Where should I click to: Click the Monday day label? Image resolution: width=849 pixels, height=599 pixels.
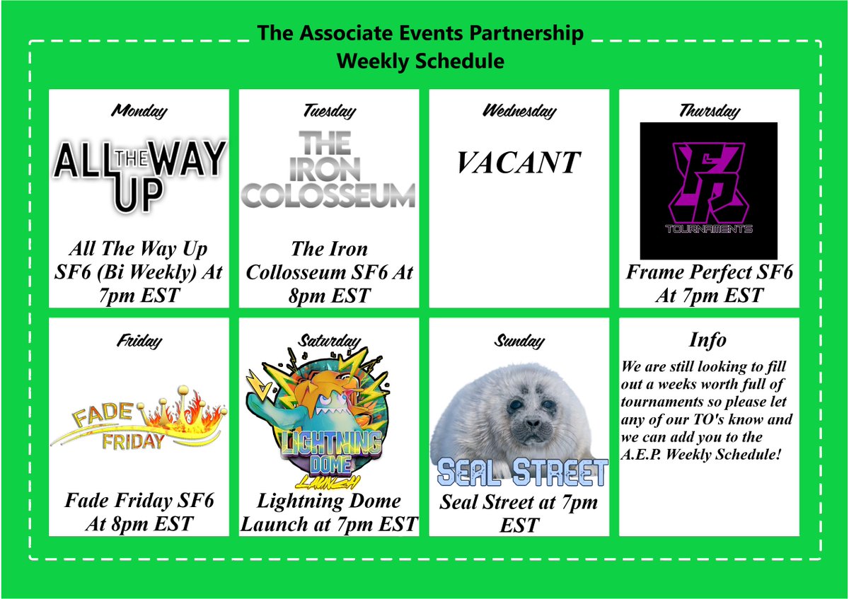[139, 110]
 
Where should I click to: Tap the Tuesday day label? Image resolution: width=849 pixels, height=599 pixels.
[329, 110]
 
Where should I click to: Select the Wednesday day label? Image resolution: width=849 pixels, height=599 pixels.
[519, 110]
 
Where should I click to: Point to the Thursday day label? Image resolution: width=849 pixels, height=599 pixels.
[709, 110]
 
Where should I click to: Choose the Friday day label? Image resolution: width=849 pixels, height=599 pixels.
[139, 341]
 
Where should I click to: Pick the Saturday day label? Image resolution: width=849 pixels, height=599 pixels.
[329, 341]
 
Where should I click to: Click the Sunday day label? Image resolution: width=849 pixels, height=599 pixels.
[519, 341]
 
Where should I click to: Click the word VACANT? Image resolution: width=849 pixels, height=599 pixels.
[519, 163]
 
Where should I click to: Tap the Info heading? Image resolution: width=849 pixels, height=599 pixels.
[708, 340]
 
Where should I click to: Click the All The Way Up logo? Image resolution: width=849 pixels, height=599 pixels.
[139, 173]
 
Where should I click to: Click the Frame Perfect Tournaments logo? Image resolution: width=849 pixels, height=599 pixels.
[708, 190]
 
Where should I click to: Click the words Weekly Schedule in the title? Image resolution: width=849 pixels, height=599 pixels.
[420, 62]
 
